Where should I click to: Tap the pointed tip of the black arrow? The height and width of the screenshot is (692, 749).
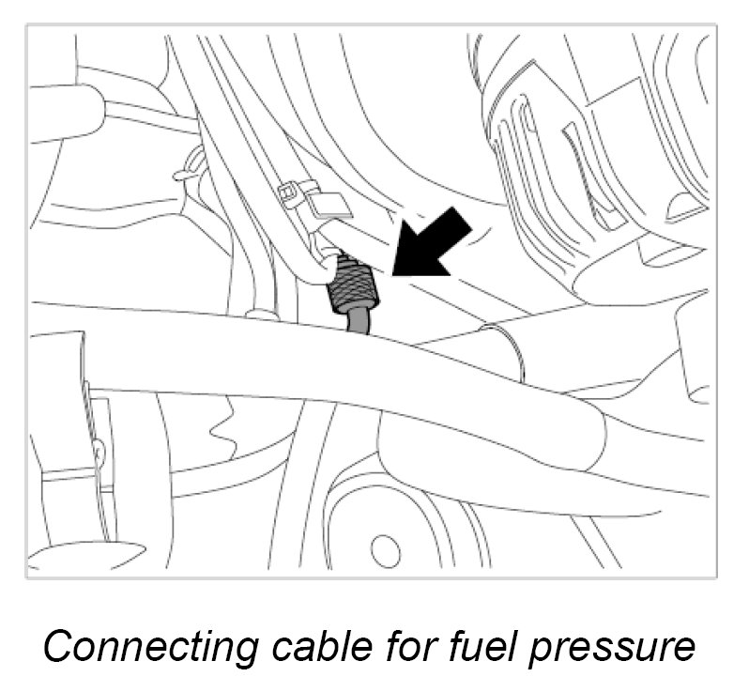point(395,274)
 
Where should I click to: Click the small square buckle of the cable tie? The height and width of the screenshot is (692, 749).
point(293,194)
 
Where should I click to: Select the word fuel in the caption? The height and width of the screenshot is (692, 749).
point(497,647)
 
